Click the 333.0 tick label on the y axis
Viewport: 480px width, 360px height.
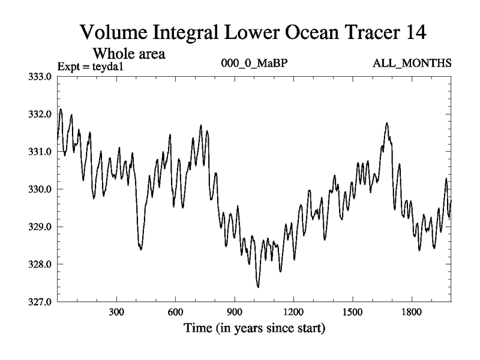(41, 76)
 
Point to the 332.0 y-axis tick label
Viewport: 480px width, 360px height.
(41, 114)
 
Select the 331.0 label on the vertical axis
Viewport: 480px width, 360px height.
(41, 151)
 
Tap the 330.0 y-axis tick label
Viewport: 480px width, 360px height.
(41, 189)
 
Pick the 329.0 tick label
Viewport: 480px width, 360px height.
(41, 227)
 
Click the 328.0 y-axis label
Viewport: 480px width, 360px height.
(41, 264)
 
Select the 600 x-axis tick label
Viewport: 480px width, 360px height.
(175, 313)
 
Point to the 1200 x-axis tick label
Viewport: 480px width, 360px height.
(293, 313)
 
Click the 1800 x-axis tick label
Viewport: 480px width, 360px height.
(412, 313)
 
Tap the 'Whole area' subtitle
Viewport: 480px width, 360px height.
(128, 53)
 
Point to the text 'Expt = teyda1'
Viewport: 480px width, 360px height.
(86, 66)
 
